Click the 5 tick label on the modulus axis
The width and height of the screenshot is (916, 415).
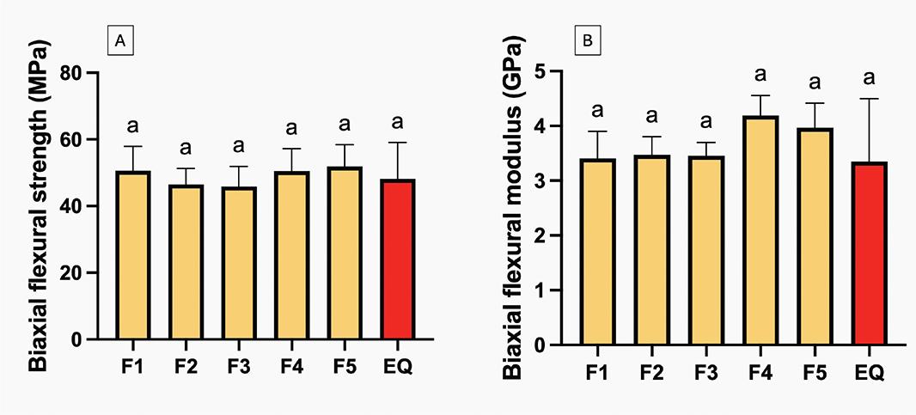tap(540, 71)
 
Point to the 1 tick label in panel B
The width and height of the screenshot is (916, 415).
tap(540, 290)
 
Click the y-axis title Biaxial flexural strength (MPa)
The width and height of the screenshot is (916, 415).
tap(38, 206)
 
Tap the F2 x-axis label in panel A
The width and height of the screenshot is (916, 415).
tap(186, 368)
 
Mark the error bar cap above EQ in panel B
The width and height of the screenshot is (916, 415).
tap(869, 99)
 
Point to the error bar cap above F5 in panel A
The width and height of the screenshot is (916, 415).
tap(345, 145)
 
